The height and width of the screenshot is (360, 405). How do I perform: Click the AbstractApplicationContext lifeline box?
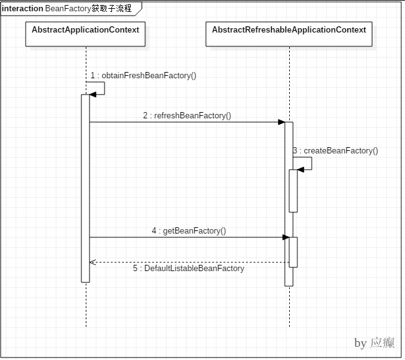pos(86,34)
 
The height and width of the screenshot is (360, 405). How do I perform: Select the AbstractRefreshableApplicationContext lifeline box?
pos(289,34)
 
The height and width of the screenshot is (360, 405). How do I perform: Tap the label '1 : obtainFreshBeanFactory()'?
pos(143,76)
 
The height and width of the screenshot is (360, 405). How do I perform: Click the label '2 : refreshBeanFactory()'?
pos(187,115)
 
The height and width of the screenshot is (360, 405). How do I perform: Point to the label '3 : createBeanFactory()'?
pos(336,151)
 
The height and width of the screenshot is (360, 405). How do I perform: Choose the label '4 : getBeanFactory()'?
pos(188,230)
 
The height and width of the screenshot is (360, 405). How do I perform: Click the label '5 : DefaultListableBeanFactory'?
pos(188,268)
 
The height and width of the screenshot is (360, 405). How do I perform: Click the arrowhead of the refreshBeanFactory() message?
pos(282,122)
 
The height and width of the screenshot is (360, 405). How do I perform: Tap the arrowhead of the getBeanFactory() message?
pos(285,237)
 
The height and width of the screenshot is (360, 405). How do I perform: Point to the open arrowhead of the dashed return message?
pos(93,262)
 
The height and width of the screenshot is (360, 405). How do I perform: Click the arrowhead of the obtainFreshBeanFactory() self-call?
pos(93,94)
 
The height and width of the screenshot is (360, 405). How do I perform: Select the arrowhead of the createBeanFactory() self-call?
pos(301,169)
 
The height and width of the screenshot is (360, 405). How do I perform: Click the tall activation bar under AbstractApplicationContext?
pos(86,188)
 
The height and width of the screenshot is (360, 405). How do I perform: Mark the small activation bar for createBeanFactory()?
pos(293,191)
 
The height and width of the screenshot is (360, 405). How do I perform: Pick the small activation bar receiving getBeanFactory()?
pos(293,252)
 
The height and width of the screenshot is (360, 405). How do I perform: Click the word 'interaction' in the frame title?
pos(23,9)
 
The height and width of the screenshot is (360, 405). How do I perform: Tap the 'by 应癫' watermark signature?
pos(373,342)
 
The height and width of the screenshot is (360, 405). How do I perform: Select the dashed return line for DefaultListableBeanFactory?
pos(188,262)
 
